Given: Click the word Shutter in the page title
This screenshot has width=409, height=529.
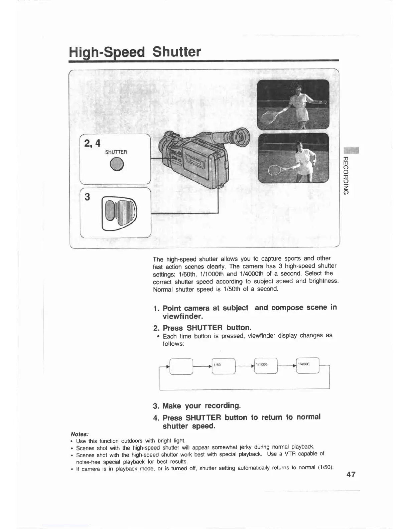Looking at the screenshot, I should coord(176,52).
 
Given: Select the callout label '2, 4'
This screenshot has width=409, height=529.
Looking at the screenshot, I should coord(92,143).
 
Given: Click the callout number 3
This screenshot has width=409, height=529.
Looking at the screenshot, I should coord(88,197).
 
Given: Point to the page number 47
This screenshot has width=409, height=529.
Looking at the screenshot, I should coord(351,474).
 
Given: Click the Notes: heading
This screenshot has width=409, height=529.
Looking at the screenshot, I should coord(79,434).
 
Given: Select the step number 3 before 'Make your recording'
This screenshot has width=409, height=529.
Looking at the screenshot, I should coord(155,406).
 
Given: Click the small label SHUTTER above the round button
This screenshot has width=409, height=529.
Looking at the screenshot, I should coord(116,152).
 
